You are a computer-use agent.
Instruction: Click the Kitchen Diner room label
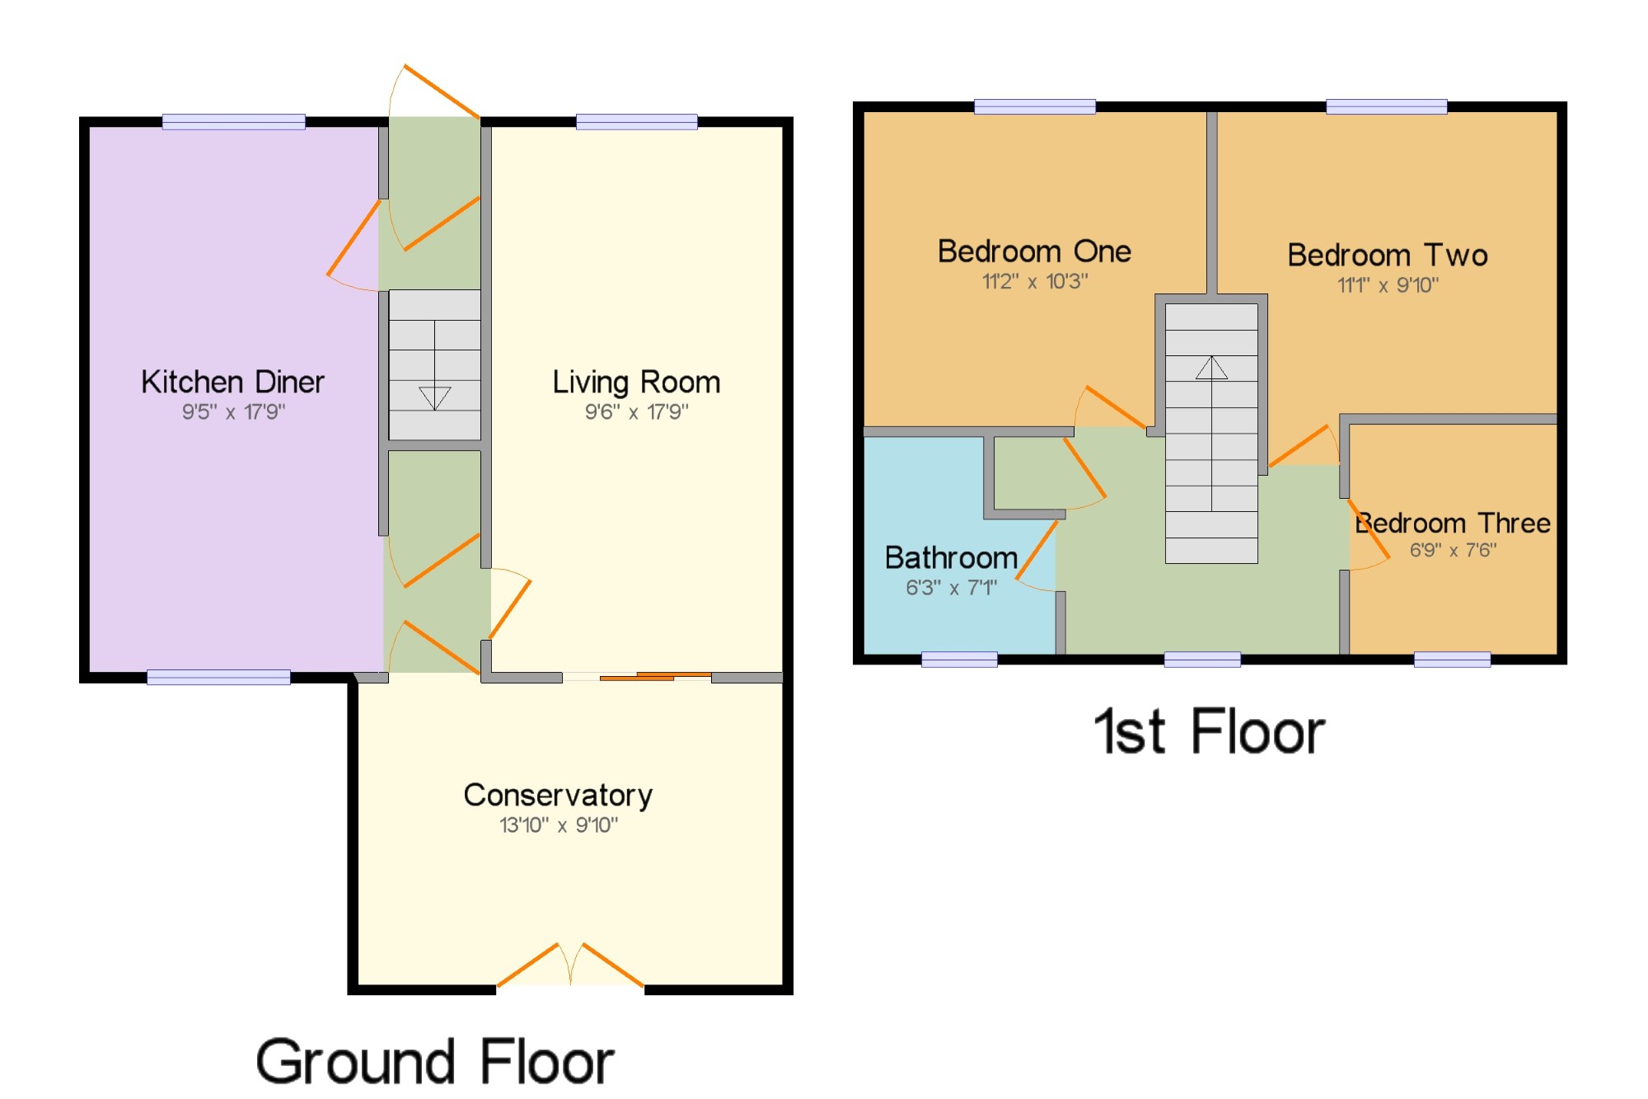click(232, 382)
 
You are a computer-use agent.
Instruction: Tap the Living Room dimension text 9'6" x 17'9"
click(636, 411)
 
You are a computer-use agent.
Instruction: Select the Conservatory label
click(558, 795)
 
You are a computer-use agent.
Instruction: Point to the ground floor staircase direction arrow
click(434, 397)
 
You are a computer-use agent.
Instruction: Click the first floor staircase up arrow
click(1211, 368)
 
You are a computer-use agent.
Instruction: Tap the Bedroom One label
click(1034, 251)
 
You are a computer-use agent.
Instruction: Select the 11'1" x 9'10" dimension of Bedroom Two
click(1388, 285)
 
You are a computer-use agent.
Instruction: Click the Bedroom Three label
click(1454, 523)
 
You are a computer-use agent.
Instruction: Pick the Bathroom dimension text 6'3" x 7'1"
click(951, 588)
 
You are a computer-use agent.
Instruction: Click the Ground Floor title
click(435, 1062)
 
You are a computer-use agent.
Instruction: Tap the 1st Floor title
click(1209, 732)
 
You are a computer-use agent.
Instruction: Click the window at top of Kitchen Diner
click(233, 122)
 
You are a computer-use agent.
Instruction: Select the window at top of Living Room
click(636, 122)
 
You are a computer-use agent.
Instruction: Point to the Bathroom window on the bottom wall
click(959, 659)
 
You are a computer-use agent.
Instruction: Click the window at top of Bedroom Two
click(1386, 106)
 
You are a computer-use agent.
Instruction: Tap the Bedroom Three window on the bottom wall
click(1452, 659)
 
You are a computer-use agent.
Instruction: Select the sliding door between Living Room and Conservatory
click(655, 677)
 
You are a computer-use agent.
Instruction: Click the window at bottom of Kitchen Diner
click(218, 677)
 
